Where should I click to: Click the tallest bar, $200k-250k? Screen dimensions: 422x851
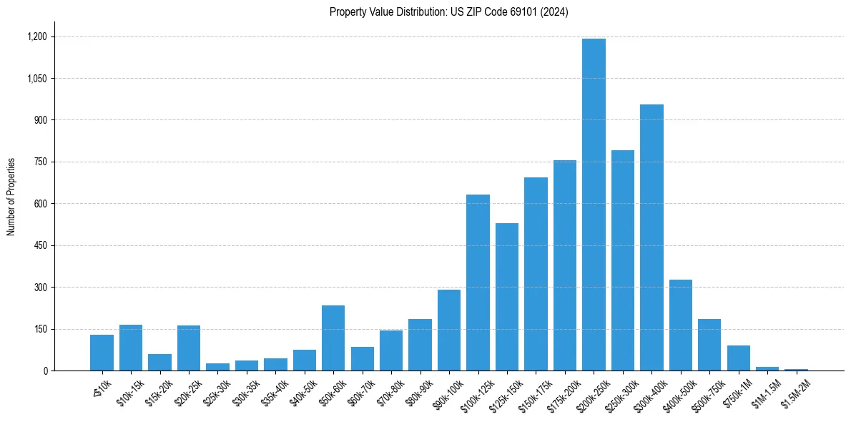click(594, 205)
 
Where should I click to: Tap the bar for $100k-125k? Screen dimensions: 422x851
click(478, 283)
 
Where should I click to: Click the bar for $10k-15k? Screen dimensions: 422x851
click(131, 348)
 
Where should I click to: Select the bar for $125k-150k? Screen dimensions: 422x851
click(507, 297)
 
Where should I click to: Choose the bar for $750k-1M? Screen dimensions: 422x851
click(739, 358)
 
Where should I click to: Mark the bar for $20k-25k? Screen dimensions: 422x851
click(189, 348)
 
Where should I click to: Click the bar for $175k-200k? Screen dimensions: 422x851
click(565, 265)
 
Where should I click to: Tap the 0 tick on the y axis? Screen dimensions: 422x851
click(45, 371)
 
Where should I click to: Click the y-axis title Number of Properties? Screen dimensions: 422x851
click(11, 197)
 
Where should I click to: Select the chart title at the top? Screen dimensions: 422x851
click(449, 12)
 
